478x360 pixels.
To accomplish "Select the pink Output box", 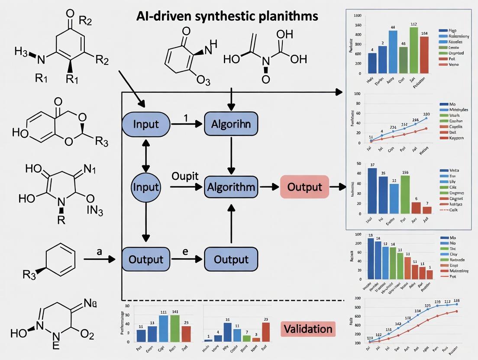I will (305, 187).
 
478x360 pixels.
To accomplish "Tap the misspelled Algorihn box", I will (231, 124).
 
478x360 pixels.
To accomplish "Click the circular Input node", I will (145, 187).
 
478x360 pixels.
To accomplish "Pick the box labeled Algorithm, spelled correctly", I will (231, 187).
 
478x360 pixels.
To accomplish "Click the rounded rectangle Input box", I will (145, 124).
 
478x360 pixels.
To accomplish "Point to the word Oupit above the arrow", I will (185, 177).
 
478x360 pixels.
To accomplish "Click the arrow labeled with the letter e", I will (185, 259).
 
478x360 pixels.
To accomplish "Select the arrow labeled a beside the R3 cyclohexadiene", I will (100, 259).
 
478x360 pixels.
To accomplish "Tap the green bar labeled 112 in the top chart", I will (413, 50).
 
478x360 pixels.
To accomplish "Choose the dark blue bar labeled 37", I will (372, 190).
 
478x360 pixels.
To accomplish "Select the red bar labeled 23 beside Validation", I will (266, 332).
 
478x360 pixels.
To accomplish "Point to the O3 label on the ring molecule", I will (202, 80).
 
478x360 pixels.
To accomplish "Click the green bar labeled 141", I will (174, 328).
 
